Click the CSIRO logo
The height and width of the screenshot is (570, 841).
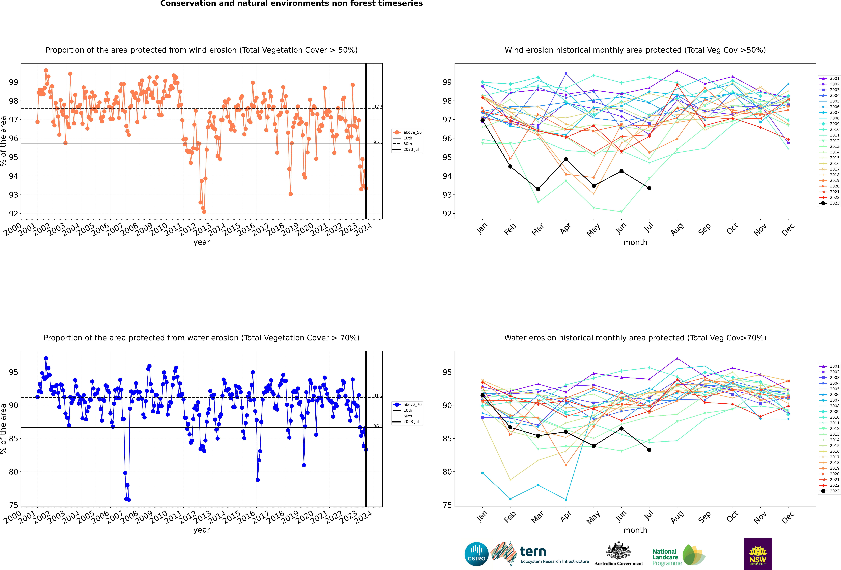click(476, 554)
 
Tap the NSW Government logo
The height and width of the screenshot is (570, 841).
click(758, 554)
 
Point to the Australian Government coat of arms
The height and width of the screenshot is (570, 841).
click(618, 551)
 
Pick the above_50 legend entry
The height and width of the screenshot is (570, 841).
click(408, 132)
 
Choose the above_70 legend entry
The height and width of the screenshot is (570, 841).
click(408, 405)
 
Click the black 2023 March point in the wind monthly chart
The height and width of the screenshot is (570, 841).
click(538, 189)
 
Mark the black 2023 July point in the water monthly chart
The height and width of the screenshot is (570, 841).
click(649, 450)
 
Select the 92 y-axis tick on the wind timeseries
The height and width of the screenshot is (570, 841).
click(13, 214)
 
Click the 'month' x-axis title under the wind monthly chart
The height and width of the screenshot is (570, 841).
click(635, 243)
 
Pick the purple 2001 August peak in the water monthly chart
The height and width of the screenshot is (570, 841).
click(677, 358)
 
